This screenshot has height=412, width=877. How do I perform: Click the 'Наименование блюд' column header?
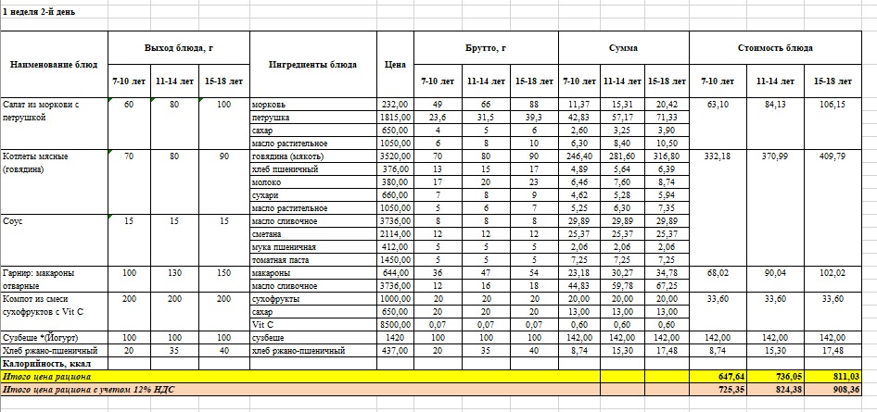coord(54,65)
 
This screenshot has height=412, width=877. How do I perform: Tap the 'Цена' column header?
coord(395,65)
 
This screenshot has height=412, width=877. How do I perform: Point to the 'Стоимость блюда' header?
coord(775,47)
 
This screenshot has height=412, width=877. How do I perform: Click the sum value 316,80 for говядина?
coord(666,156)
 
